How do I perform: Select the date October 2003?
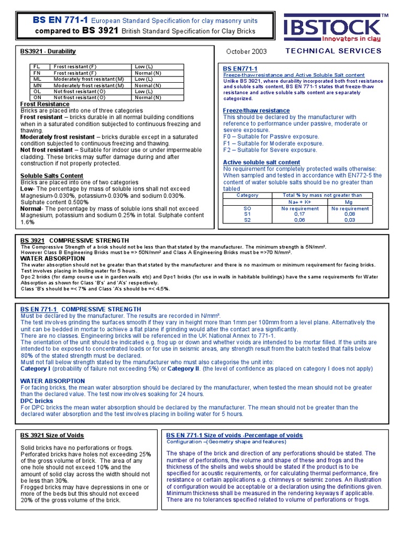(x=247, y=51)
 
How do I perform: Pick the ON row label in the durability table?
(x=37, y=97)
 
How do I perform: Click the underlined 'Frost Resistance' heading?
(x=44, y=104)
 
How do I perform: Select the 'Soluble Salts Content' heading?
(x=51, y=175)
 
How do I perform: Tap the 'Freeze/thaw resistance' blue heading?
(x=256, y=110)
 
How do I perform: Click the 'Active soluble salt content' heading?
(x=261, y=162)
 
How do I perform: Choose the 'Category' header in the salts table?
(x=248, y=195)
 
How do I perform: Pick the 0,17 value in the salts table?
(x=299, y=214)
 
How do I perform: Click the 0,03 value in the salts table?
(x=350, y=220)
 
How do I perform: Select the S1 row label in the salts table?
(x=248, y=214)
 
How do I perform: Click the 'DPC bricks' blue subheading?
(x=37, y=401)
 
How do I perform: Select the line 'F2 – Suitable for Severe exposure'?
(x=270, y=150)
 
